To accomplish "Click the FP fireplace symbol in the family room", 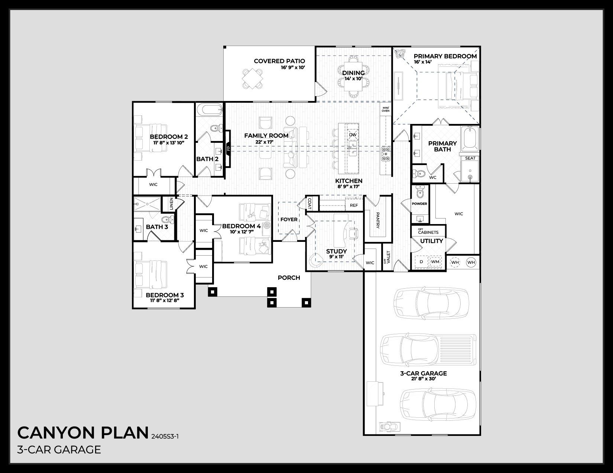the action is (x=228, y=148).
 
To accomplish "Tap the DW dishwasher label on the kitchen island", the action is (x=353, y=135).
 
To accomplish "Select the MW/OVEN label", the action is (x=385, y=109).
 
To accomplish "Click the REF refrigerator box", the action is (x=354, y=205).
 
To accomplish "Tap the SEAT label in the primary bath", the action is (x=470, y=158).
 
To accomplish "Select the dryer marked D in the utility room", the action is (x=421, y=262).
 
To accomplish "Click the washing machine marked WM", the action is (x=435, y=262).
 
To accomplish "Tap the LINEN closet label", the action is (x=171, y=203).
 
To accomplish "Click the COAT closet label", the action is (x=309, y=204).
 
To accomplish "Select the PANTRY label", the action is (x=378, y=220).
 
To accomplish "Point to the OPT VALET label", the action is (x=387, y=257).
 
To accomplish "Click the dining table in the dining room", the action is (x=353, y=77).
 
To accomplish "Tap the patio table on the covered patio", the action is (x=253, y=79).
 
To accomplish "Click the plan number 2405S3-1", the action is (x=165, y=436).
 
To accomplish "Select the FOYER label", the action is (x=289, y=219).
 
